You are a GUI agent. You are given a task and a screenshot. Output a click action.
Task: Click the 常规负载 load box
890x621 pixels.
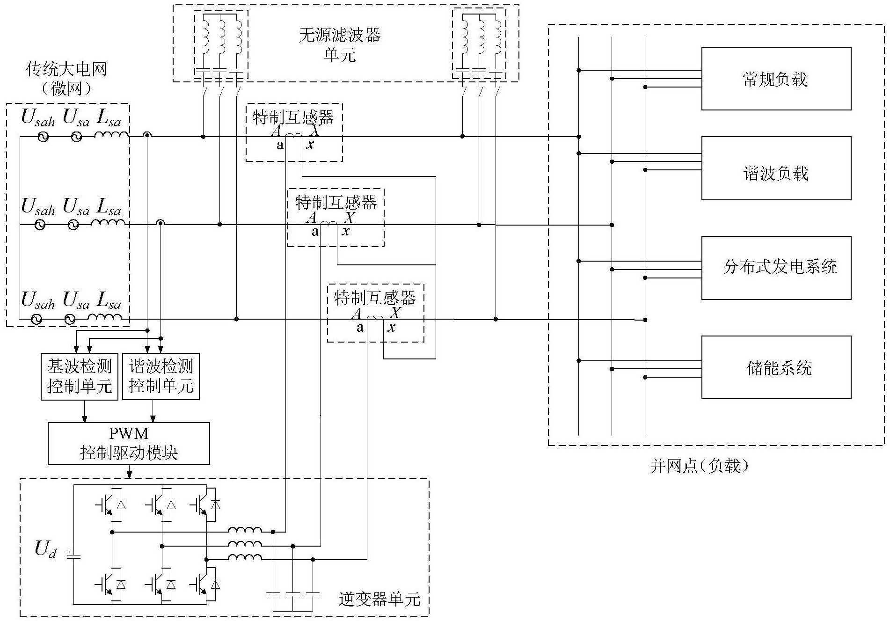pyautogui.click(x=776, y=79)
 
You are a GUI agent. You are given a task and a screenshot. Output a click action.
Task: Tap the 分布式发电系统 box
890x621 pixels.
pyautogui.click(x=776, y=268)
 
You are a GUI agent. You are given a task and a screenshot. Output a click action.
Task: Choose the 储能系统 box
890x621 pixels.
pyautogui.click(x=776, y=367)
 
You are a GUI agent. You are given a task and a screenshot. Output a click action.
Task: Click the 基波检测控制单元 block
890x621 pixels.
pyautogui.click(x=80, y=377)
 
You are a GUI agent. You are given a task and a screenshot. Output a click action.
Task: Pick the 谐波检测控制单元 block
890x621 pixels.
pyautogui.click(x=161, y=377)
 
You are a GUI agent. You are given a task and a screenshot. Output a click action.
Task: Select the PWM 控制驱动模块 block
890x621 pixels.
pyautogui.click(x=129, y=444)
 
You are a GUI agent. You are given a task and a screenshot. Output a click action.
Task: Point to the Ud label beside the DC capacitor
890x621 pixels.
pyautogui.click(x=46, y=549)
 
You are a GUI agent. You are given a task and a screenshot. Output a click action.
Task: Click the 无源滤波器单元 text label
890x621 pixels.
pyautogui.click(x=340, y=45)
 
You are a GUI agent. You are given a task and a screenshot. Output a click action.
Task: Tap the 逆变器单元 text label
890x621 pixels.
pyautogui.click(x=379, y=599)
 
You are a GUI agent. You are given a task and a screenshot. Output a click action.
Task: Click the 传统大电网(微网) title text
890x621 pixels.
pyautogui.click(x=66, y=78)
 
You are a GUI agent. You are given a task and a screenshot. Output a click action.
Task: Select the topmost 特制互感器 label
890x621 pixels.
pyautogui.click(x=293, y=117)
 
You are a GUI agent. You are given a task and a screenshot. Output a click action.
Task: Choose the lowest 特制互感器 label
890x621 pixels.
pyautogui.click(x=375, y=298)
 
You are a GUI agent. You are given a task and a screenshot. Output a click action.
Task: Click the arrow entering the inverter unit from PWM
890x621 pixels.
pyautogui.click(x=130, y=474)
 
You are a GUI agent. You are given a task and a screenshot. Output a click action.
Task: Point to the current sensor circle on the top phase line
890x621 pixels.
pyautogui.click(x=147, y=136)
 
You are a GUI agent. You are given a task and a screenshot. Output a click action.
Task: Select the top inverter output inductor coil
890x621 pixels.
pyautogui.click(x=245, y=531)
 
